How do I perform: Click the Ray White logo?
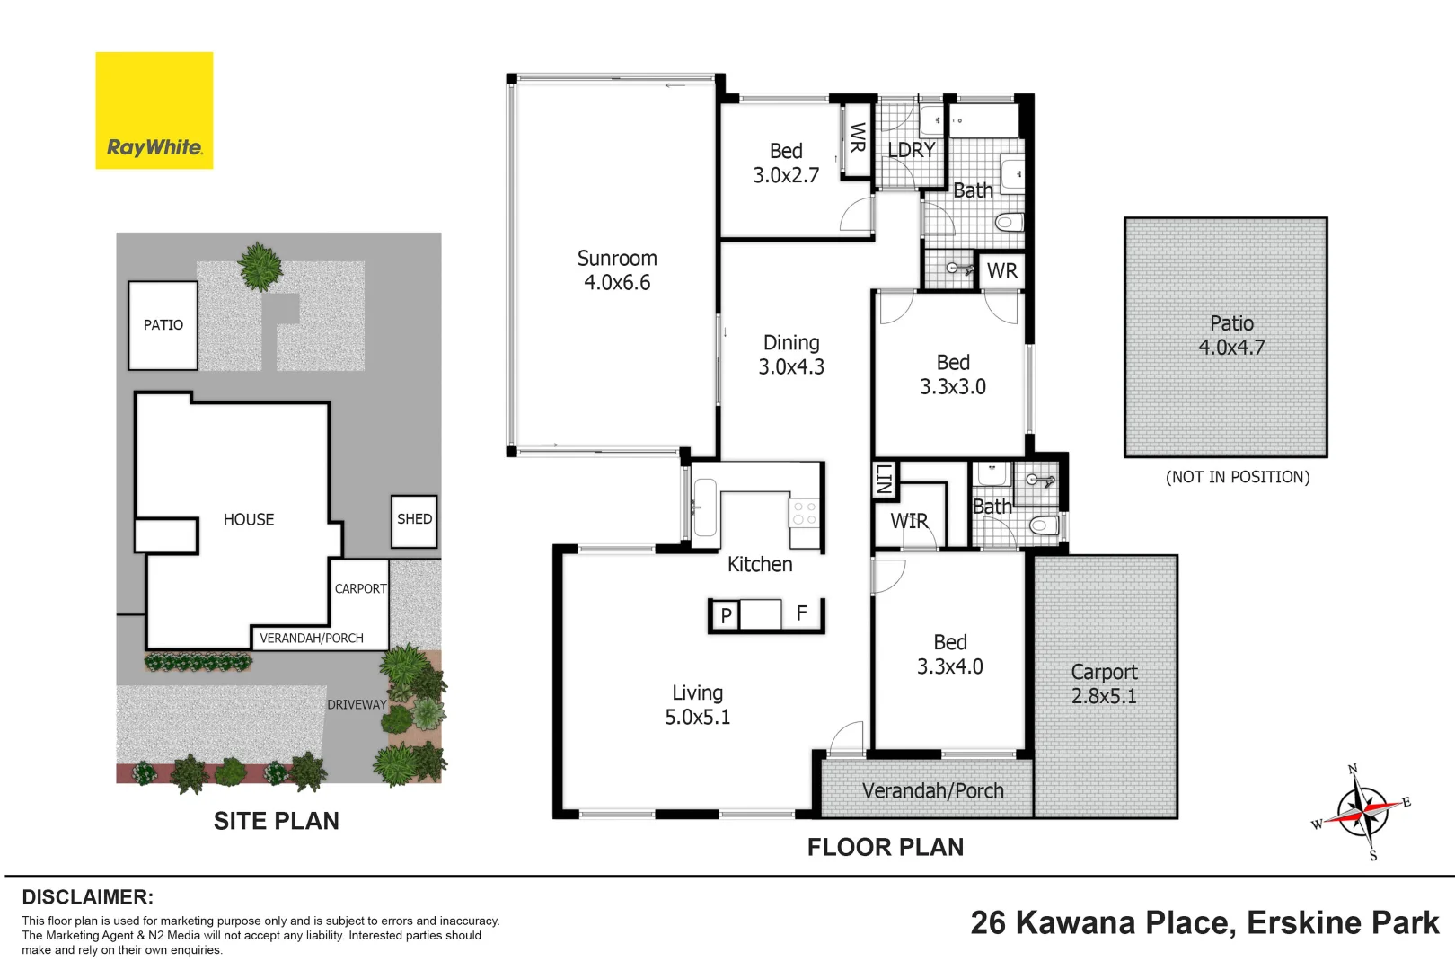coord(154,110)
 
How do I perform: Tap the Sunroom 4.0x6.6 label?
coord(617,270)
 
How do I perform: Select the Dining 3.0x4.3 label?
coord(791,355)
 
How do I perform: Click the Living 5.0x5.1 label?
coord(698,705)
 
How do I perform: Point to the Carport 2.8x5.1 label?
coord(1104,684)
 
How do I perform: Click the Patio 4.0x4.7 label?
coord(1231,335)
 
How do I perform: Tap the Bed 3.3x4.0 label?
coord(950,655)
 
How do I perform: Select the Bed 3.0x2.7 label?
coord(786,163)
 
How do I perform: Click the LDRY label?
coord(912,150)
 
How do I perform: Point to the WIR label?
coord(909,521)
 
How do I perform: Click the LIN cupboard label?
coord(884,480)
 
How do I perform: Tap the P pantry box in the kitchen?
coord(726,615)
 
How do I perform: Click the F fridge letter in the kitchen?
coord(802,613)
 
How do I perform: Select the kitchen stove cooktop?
coord(805,514)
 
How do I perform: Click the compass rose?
coord(1363,811)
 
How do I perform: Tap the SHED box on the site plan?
coord(414,520)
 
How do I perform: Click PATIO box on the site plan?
coord(163,325)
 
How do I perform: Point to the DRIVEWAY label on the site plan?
coord(357,705)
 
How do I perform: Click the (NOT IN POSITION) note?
coord(1238,477)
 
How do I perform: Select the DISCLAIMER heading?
coord(88,897)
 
